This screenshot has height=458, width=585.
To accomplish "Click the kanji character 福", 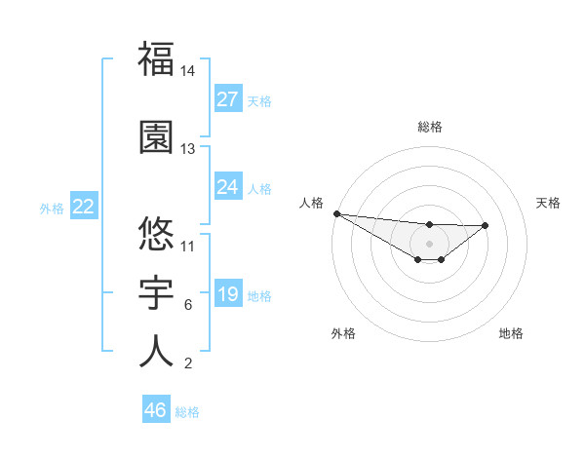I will [156, 58].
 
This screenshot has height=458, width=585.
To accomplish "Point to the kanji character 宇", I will [156, 291].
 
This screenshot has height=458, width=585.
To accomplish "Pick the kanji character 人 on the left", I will [156, 350].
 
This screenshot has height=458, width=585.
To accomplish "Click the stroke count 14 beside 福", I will [188, 71].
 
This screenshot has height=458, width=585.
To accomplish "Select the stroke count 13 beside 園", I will [188, 149].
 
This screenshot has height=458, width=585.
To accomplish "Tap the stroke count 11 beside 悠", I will [188, 246].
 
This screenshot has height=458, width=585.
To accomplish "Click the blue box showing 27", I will [228, 99].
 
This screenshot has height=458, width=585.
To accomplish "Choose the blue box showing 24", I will [228, 187].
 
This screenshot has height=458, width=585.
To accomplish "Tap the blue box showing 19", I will [228, 294].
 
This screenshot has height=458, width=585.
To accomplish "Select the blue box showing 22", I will [84, 207].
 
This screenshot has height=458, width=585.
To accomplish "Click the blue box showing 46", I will [156, 410].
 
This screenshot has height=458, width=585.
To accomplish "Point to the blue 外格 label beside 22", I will [52, 208].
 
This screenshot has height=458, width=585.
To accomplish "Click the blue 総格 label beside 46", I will [187, 412].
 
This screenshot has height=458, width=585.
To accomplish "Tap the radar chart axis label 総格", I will [430, 127].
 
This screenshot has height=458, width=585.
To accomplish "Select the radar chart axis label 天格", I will [549, 203].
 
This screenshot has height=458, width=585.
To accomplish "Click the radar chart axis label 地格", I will [511, 333].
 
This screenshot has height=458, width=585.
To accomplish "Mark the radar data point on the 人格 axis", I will [336, 213].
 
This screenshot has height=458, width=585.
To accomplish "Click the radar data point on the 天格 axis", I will [486, 225].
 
